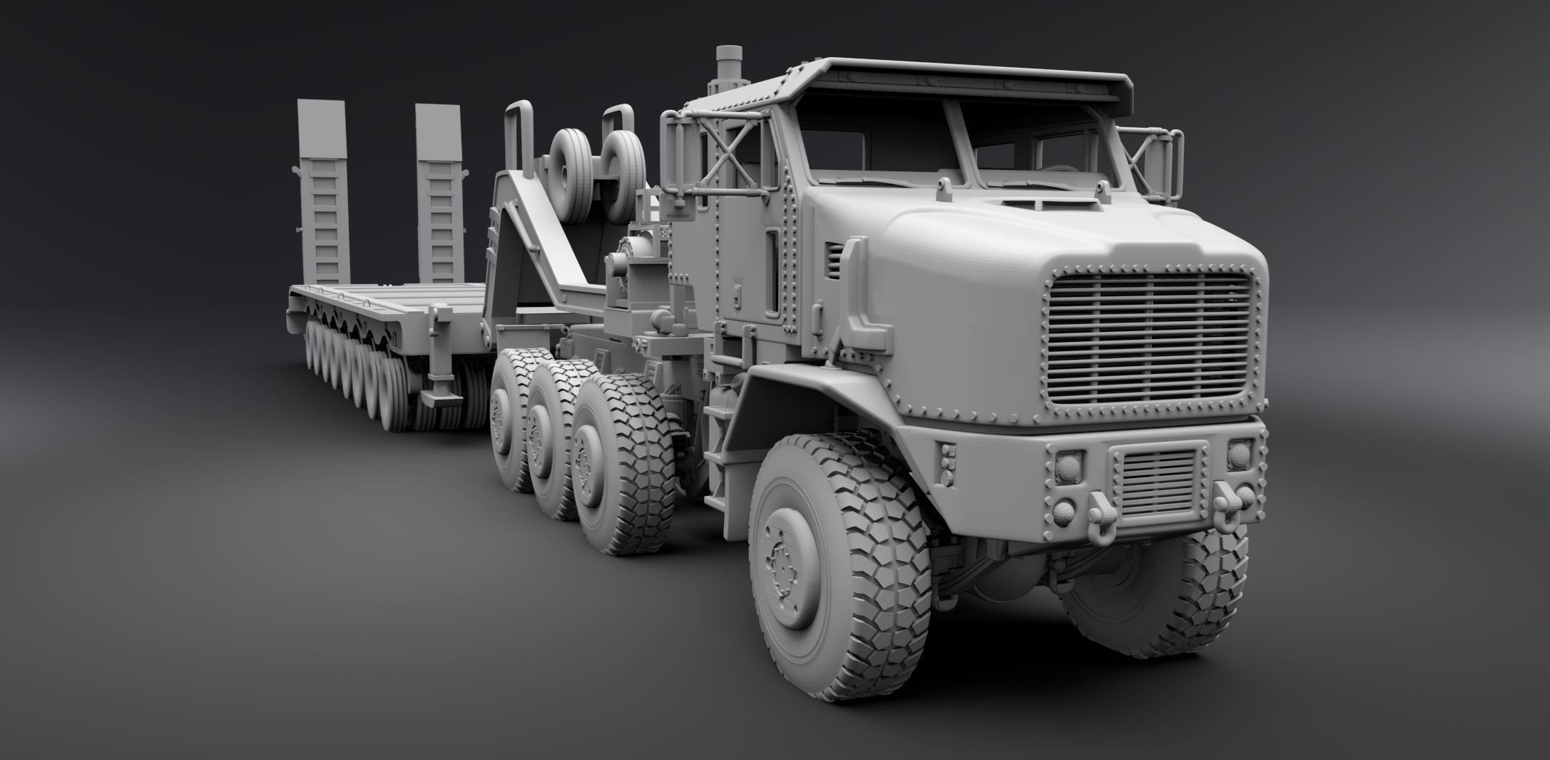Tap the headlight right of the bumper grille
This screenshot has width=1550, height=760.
click(x=1241, y=457)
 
